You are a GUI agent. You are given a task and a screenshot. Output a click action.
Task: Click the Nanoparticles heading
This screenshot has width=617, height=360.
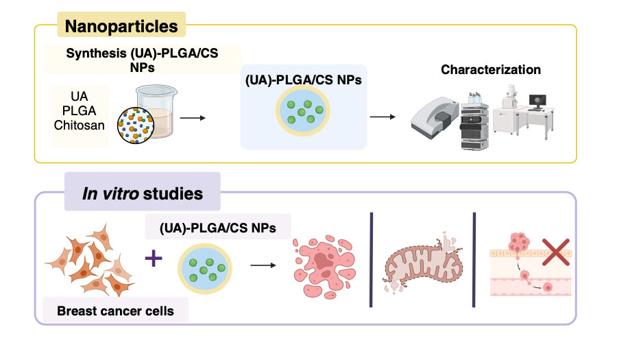coord(121,27)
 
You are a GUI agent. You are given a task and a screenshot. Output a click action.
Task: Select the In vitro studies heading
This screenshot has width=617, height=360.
coord(143,193)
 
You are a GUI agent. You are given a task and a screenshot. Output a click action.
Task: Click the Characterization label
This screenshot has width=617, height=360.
coord(490,69)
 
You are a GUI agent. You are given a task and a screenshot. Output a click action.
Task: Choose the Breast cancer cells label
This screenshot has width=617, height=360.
coord(114,311)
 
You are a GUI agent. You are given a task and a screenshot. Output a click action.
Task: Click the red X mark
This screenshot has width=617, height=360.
coord(557,252)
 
